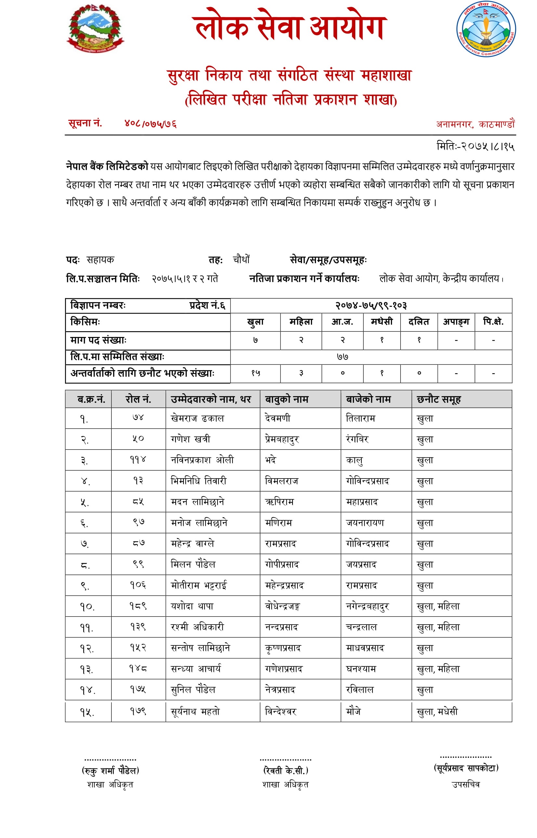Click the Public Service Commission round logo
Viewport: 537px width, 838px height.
coord(486,29)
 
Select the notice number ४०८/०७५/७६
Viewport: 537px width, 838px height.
coord(150,124)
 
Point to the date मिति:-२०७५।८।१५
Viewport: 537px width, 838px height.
coord(475,146)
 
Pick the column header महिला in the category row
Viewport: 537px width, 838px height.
coord(301,322)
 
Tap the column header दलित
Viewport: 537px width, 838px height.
coord(418,322)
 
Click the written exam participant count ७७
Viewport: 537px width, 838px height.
coord(342,357)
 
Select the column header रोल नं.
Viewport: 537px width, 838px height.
coord(138,399)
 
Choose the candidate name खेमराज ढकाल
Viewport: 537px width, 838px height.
coord(197,418)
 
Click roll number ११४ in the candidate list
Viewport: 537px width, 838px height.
coord(138,460)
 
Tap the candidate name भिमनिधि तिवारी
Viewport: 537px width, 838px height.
coord(198,481)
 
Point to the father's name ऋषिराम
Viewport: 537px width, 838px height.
coord(279,502)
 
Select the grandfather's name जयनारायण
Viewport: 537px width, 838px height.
coord(365,523)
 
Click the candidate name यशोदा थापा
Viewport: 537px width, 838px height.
coord(192,606)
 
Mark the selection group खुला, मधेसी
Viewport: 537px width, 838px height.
coord(437,712)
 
